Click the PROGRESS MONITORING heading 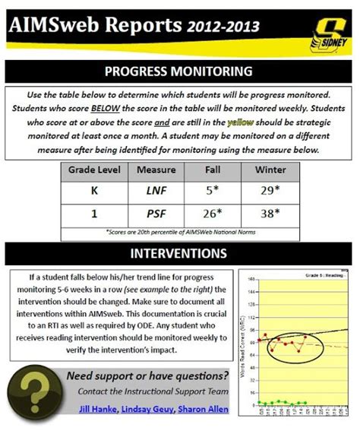[x=179, y=72]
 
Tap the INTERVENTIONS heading [x=179, y=252]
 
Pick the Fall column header [x=213, y=169]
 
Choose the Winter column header [x=270, y=169]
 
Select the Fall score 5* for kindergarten [x=214, y=192]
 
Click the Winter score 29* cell [x=270, y=192]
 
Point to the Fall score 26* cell [x=214, y=214]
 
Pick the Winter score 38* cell [x=270, y=214]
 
